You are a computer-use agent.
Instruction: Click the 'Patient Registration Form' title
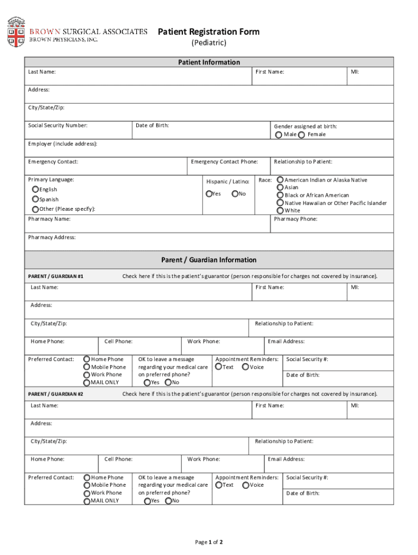[208, 32]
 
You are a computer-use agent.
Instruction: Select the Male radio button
[278, 134]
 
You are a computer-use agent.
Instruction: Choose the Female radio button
[302, 134]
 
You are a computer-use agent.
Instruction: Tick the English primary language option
[35, 189]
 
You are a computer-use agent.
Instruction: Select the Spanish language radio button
[35, 199]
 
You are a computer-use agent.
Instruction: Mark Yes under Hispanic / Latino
[209, 194]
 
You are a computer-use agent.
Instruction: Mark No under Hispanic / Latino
[235, 194]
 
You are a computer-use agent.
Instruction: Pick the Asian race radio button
[280, 187]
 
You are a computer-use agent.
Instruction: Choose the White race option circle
[280, 210]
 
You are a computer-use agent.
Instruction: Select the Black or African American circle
[280, 195]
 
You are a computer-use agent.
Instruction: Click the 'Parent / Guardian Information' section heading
[208, 260]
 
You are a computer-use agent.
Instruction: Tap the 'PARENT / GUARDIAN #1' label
[55, 276]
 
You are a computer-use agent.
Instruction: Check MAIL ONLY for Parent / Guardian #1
[86, 382]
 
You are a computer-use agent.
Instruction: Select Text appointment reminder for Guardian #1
[218, 367]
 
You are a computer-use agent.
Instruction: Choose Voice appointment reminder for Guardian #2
[245, 485]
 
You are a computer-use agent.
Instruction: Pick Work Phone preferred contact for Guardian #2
[86, 493]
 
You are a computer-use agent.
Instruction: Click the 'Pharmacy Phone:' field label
[295, 219]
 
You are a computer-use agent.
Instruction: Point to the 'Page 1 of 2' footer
[208, 542]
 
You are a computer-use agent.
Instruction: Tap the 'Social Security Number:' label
[58, 126]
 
